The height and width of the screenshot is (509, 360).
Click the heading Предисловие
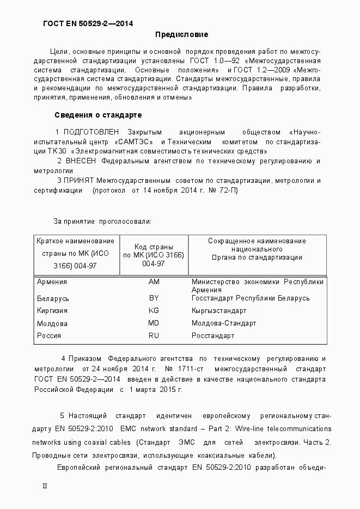(182, 35)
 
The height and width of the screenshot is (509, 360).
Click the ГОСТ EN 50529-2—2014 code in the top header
(88, 23)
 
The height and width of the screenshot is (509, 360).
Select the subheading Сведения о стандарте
(98, 115)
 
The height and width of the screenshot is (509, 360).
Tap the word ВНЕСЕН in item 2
(81, 161)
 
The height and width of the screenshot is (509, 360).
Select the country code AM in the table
(154, 282)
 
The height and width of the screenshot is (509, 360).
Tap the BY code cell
(154, 298)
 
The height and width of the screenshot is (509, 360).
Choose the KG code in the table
(154, 311)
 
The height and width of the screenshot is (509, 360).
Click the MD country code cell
(154, 323)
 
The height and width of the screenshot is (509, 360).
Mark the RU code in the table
(154, 336)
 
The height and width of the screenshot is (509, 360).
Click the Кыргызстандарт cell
(219, 311)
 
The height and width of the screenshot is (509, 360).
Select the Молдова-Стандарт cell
(223, 323)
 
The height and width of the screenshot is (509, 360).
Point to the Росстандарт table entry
(213, 336)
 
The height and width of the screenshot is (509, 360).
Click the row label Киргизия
(52, 311)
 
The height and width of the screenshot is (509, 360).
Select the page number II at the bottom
(45, 486)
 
